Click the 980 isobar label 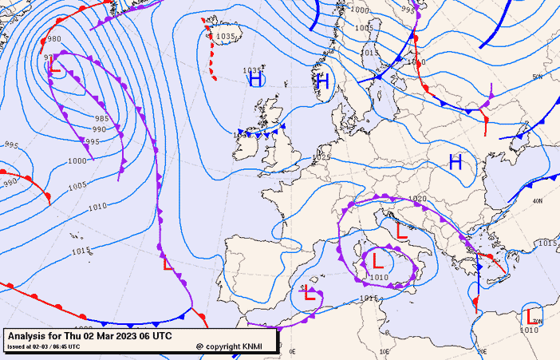pyautogui.click(x=53, y=39)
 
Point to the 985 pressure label pyautogui.click(x=101, y=118)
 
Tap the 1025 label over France pyautogui.click(x=321, y=158)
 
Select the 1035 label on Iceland pyautogui.click(x=227, y=36)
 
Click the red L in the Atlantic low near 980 pyautogui.click(x=54, y=68)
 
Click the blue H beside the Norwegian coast pyautogui.click(x=322, y=81)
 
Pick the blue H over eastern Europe pyautogui.click(x=455, y=163)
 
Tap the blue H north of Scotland pyautogui.click(x=255, y=79)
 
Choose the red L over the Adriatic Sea pyautogui.click(x=402, y=231)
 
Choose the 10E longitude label pyautogui.click(x=384, y=351)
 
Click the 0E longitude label pyautogui.click(x=292, y=351)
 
